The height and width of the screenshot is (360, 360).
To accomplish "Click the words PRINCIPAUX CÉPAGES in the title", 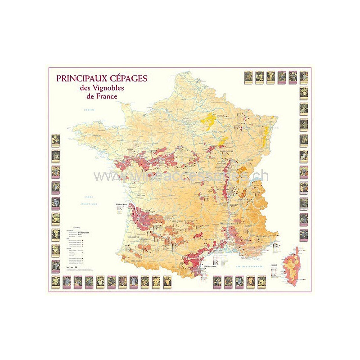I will [x=102, y=78].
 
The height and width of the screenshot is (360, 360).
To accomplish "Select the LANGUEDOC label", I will [x=211, y=239].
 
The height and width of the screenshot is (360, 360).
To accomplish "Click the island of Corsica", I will [x=292, y=265].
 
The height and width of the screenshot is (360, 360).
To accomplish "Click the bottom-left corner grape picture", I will [x=56, y=281].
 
